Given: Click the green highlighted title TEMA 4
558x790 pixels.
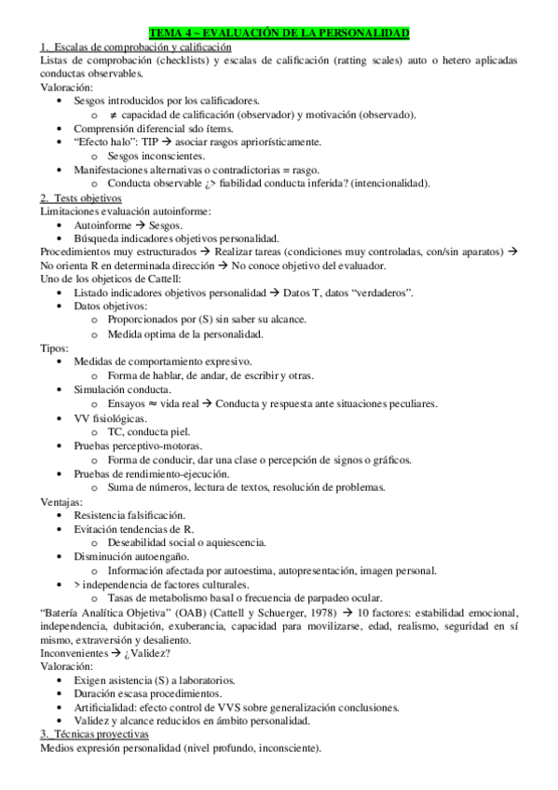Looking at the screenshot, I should click(x=279, y=33).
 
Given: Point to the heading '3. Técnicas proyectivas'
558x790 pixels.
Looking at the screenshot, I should click(x=102, y=735).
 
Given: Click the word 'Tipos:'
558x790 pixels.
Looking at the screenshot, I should click(x=55, y=347).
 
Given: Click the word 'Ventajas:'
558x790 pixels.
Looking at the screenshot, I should click(x=61, y=501).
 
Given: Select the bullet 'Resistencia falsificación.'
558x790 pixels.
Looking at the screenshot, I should click(x=129, y=515).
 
